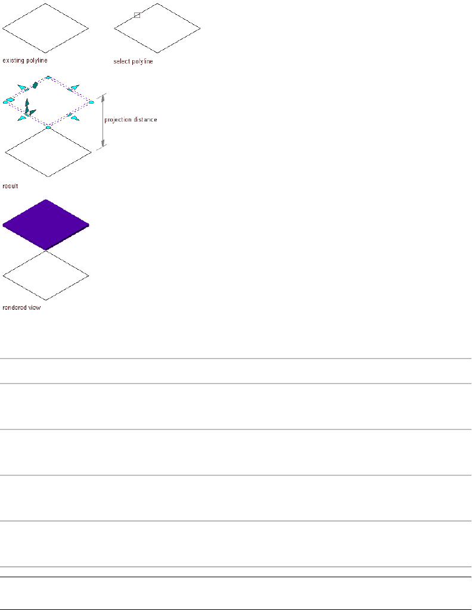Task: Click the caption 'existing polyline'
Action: tap(25, 60)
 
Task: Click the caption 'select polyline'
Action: tap(133, 61)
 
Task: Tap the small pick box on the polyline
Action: tap(136, 15)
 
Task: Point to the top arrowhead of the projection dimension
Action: tap(104, 97)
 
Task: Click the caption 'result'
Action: tap(10, 186)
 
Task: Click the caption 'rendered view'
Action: tap(21, 308)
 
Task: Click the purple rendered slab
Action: tap(46, 223)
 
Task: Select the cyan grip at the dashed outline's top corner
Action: tap(49, 77)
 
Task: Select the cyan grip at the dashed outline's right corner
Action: tap(91, 102)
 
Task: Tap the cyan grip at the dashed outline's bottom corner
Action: tap(49, 127)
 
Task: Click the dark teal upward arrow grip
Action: tap(27, 102)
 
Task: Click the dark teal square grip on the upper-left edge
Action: tap(35, 85)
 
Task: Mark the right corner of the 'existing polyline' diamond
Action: tap(89, 27)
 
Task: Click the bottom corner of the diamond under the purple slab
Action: tap(46, 300)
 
